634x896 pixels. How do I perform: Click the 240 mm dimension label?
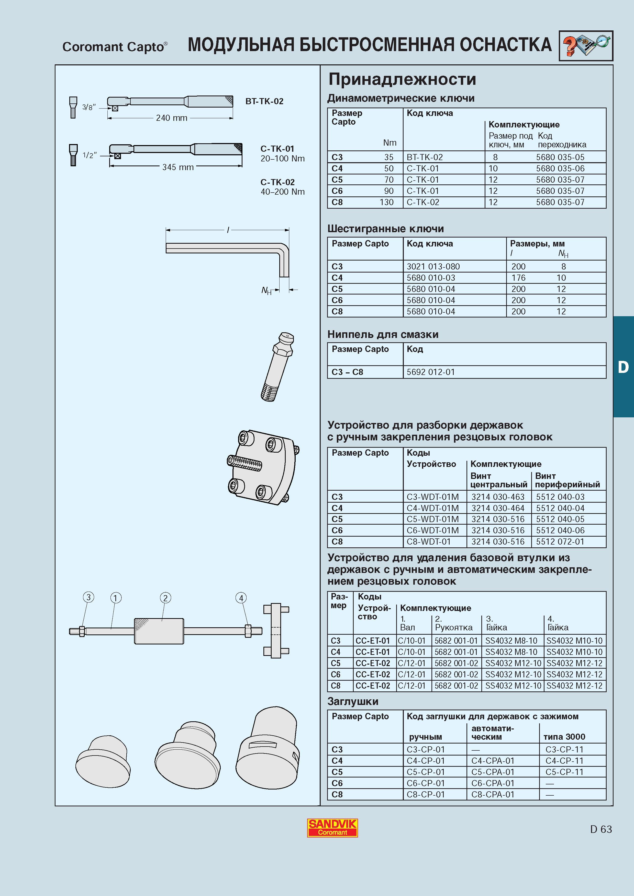pyautogui.click(x=172, y=118)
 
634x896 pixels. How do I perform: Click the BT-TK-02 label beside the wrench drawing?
pyautogui.click(x=264, y=101)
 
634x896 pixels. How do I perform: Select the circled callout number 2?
pyautogui.click(x=165, y=598)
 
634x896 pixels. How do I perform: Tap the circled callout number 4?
pyautogui.click(x=241, y=598)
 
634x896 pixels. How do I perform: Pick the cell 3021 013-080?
pyautogui.click(x=433, y=267)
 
